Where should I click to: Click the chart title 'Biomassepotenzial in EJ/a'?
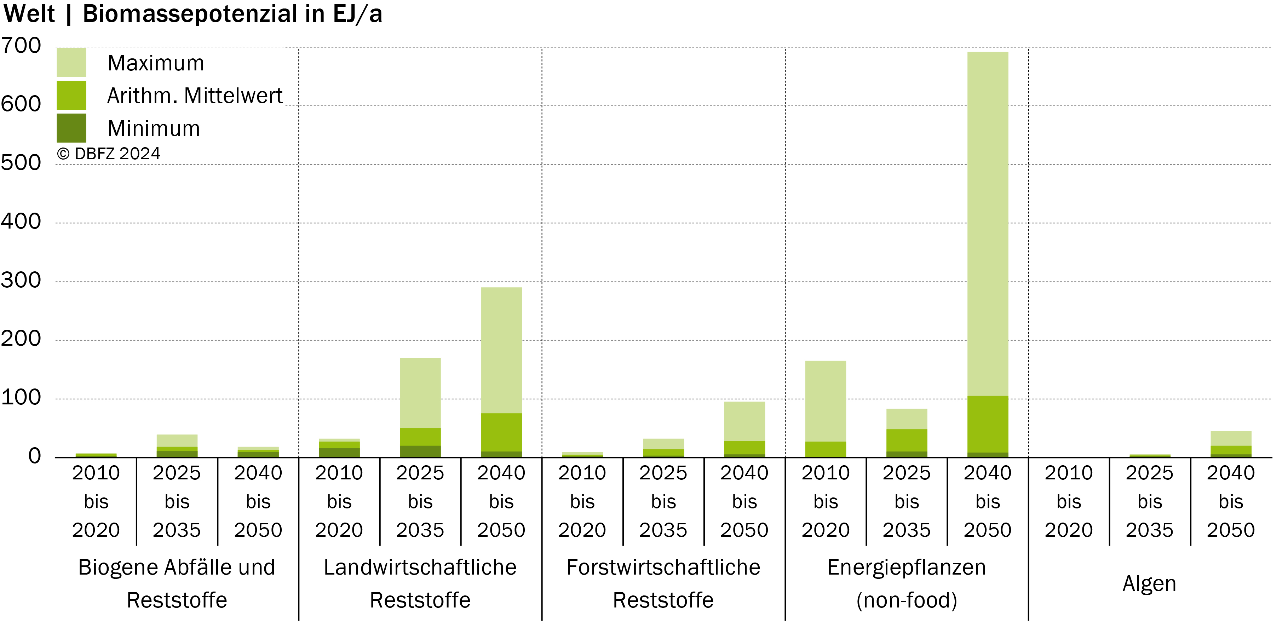click(232, 14)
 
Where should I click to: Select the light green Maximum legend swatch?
click(71, 63)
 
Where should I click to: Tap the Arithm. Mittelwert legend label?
click(195, 96)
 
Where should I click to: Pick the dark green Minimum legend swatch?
click(71, 128)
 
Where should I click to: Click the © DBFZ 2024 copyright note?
click(109, 154)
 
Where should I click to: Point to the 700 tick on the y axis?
click(21, 46)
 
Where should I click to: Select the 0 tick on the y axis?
click(35, 456)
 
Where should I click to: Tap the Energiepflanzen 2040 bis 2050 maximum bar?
click(988, 224)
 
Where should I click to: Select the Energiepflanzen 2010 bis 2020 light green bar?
click(826, 401)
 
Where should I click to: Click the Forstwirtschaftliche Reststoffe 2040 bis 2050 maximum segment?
click(744, 421)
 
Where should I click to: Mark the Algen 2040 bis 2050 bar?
click(1231, 444)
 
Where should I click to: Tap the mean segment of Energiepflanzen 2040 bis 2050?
click(988, 424)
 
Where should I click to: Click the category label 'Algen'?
click(1150, 583)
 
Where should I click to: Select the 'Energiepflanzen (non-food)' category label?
click(907, 583)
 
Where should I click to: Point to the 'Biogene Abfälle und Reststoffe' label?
click(177, 583)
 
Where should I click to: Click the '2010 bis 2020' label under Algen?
click(1069, 501)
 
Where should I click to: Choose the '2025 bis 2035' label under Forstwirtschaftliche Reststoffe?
click(663, 501)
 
